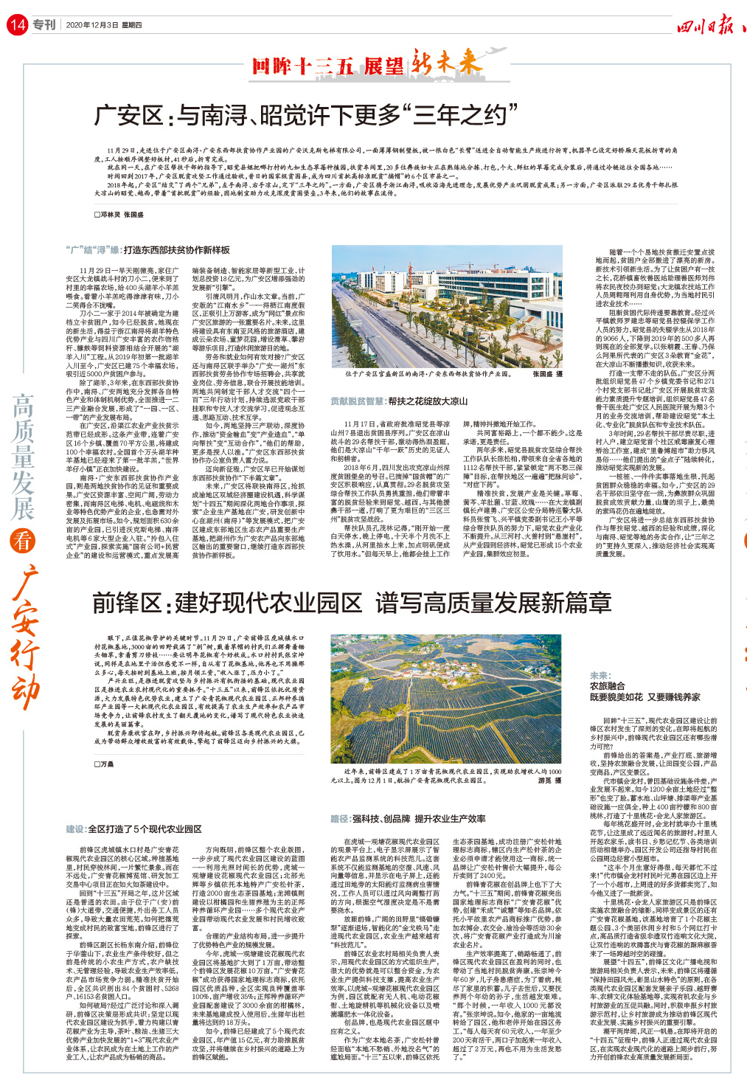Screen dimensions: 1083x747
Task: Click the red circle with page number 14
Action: pyautogui.click(x=16, y=25)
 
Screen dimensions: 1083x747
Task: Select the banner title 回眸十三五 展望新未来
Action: pyautogui.click(x=366, y=64)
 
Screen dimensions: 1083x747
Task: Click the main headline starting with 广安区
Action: pyautogui.click(x=306, y=115)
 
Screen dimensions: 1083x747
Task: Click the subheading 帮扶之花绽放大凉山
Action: pyautogui.click(x=428, y=401)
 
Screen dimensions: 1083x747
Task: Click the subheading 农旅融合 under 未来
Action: pyautogui.click(x=607, y=685)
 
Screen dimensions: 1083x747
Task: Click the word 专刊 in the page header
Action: pyautogui.click(x=44, y=25)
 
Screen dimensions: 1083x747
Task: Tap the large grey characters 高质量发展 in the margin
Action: pyautogui.click(x=23, y=457)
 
